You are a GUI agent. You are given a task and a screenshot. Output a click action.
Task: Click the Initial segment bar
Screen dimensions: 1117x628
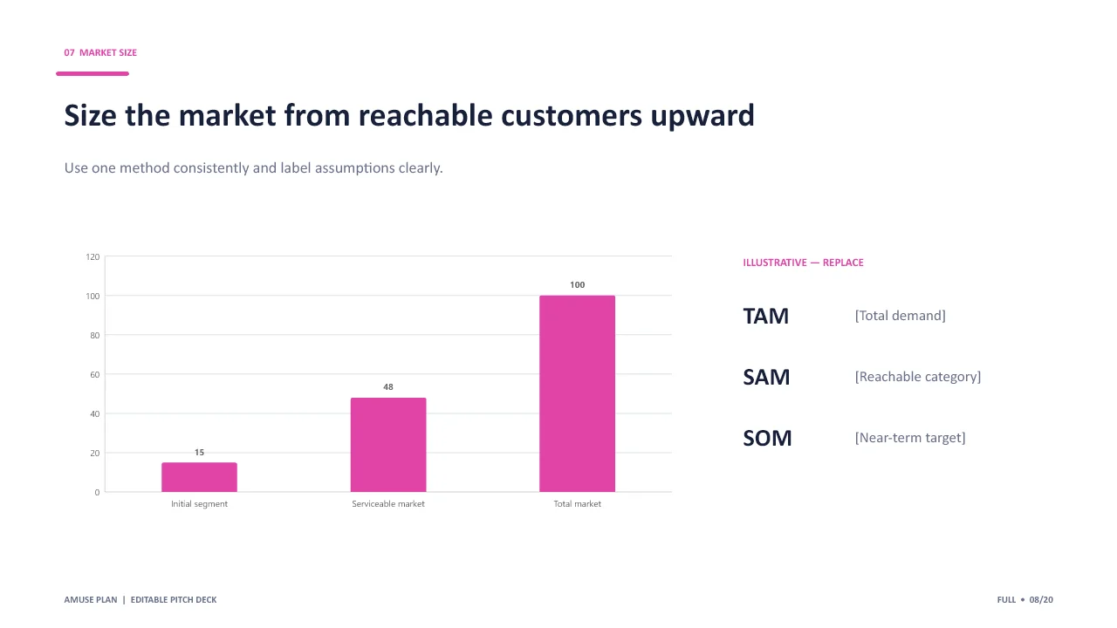coord(199,477)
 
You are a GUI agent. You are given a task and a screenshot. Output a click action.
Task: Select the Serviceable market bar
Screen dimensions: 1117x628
coord(388,445)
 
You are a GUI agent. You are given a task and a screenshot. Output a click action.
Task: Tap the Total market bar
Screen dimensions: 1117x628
coord(577,393)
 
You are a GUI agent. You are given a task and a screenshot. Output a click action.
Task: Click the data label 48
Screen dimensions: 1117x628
coord(388,386)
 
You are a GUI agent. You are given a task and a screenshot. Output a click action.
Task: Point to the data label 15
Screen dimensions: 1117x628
coord(199,452)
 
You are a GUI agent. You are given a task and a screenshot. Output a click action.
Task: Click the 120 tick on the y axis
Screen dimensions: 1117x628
coord(93,256)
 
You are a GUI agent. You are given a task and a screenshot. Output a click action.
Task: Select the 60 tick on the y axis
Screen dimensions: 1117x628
coord(95,374)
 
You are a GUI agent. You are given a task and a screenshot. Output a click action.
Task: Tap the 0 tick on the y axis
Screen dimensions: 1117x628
coord(97,493)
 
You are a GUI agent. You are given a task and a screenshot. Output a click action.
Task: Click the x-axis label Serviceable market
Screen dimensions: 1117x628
coord(388,504)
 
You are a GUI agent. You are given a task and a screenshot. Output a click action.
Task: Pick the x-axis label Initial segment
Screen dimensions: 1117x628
coord(199,504)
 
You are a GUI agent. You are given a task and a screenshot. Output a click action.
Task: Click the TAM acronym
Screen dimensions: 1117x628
coord(765,316)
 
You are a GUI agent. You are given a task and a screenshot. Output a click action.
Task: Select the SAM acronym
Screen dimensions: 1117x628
coord(766,378)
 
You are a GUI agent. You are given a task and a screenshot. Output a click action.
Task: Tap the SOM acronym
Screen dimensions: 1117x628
coord(767,438)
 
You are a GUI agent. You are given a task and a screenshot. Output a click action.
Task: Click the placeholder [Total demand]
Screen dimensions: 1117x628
coord(900,316)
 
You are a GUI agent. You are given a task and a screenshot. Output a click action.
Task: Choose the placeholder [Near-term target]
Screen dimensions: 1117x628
coord(910,438)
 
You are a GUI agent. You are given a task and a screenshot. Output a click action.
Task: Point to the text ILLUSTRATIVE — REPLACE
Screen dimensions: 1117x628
coord(803,263)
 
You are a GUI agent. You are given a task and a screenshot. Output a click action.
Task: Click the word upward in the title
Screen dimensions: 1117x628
coord(702,116)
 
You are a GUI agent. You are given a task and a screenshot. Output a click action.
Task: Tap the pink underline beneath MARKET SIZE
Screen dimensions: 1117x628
coord(93,74)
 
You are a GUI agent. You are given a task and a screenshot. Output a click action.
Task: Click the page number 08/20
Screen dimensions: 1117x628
coord(1041,599)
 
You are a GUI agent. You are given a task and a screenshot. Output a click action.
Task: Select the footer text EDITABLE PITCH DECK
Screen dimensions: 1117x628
coord(174,599)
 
